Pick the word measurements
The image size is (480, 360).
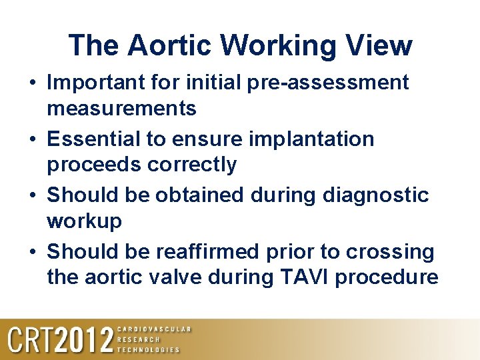[121, 108]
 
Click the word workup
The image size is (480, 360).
[84, 221]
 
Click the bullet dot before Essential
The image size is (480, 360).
[33, 140]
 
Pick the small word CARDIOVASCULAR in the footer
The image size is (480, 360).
[154, 329]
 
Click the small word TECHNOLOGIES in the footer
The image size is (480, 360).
[149, 349]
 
